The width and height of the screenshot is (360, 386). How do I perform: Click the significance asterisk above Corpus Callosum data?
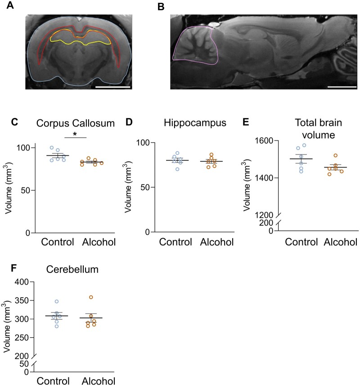coord(75,134)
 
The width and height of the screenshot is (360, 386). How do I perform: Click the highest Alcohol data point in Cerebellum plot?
coord(91,297)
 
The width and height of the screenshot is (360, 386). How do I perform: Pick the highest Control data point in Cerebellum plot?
coord(56,301)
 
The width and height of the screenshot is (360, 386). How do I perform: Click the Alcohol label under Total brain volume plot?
coord(340,242)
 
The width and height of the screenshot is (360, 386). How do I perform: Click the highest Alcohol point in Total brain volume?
coord(335,155)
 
